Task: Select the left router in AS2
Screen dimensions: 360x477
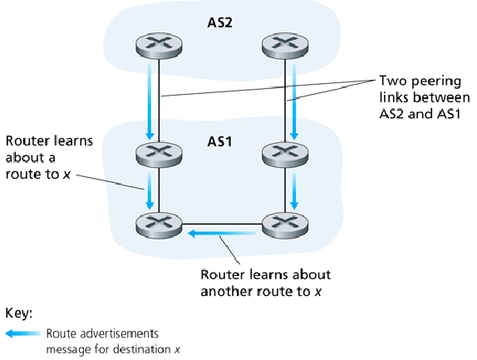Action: click(x=160, y=47)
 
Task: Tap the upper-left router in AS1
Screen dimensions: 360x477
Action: click(x=160, y=154)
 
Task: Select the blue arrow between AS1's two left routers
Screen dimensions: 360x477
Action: click(x=150, y=190)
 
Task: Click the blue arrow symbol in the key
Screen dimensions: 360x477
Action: click(x=22, y=333)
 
